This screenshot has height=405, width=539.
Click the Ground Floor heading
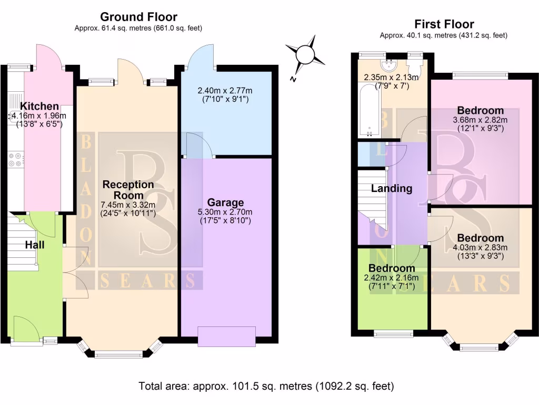click(x=138, y=17)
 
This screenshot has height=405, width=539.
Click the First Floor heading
click(x=444, y=24)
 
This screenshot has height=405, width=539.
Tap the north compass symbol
click(x=304, y=54)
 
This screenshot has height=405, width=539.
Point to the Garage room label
click(x=225, y=202)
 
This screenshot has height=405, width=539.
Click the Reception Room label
click(x=128, y=190)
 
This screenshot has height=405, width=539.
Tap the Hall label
click(x=35, y=245)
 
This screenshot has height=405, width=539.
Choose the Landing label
click(x=392, y=188)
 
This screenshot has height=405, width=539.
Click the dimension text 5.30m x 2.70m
click(x=225, y=212)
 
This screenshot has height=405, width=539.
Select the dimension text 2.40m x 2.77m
click(x=225, y=90)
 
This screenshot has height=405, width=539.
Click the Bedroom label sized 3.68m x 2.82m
click(x=480, y=110)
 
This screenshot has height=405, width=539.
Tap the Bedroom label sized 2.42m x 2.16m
click(x=392, y=268)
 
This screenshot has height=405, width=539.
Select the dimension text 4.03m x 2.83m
click(x=480, y=247)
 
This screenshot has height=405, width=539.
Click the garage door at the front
click(x=226, y=336)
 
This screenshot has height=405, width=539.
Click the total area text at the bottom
click(x=266, y=386)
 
